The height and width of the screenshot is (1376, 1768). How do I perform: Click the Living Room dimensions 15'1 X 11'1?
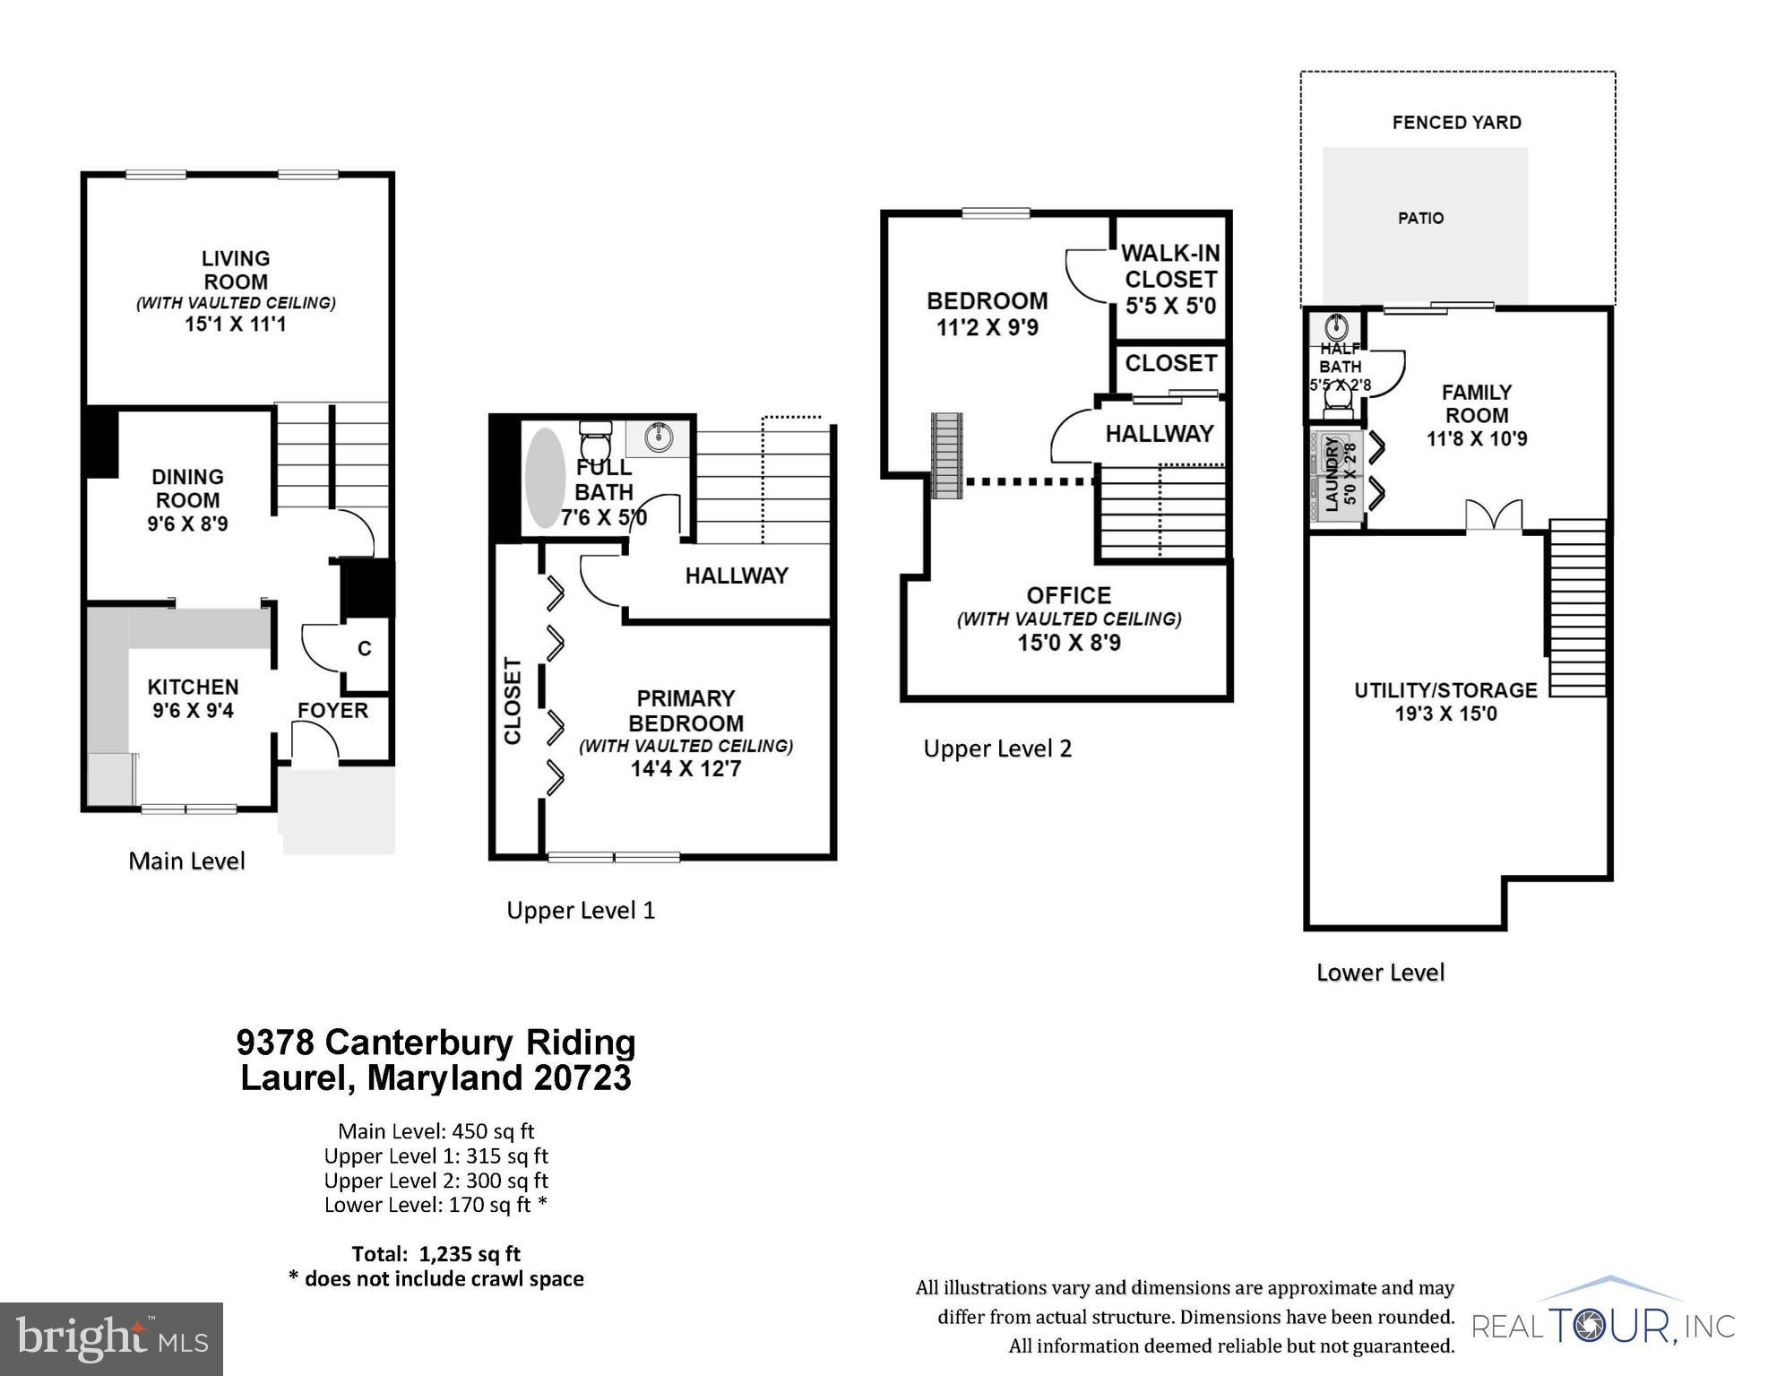(x=235, y=325)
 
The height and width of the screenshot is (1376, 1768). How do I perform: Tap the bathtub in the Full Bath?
(x=544, y=478)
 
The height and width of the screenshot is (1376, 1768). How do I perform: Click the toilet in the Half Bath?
(x=1337, y=411)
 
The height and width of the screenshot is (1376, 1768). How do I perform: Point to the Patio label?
(x=1420, y=218)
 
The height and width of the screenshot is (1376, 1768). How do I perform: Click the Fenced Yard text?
(x=1456, y=123)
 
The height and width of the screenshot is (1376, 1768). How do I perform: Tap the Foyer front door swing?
(x=315, y=741)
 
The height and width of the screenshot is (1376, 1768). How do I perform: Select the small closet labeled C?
(x=364, y=649)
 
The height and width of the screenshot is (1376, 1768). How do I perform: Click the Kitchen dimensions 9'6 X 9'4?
(x=193, y=711)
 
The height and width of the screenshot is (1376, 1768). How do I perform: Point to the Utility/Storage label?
(x=1445, y=690)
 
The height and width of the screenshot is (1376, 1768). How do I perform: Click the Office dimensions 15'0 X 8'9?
(x=1068, y=643)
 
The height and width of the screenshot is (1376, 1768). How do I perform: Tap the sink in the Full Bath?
(x=660, y=438)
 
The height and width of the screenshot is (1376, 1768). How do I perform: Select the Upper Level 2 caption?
(x=997, y=749)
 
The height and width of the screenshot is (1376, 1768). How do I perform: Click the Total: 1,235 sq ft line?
(x=436, y=1254)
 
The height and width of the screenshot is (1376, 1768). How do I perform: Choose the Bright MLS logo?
(x=111, y=1338)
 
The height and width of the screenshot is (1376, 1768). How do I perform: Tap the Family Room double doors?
(x=1493, y=516)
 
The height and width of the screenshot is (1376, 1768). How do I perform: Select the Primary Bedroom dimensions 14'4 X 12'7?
(x=686, y=769)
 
